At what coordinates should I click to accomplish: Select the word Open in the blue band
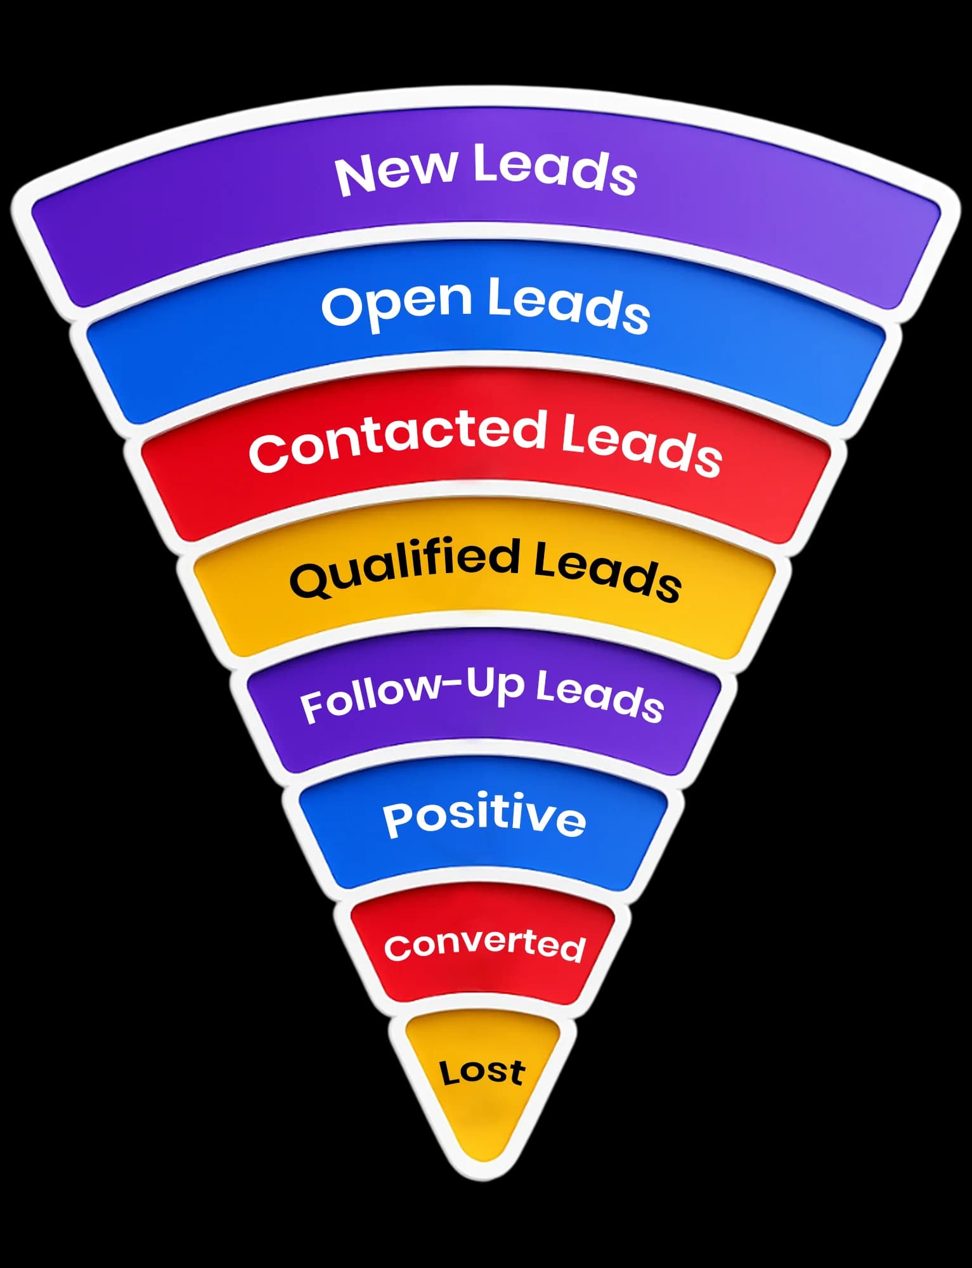point(397,303)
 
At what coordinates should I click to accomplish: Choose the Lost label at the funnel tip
point(483,1071)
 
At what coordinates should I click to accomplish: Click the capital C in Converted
point(397,948)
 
